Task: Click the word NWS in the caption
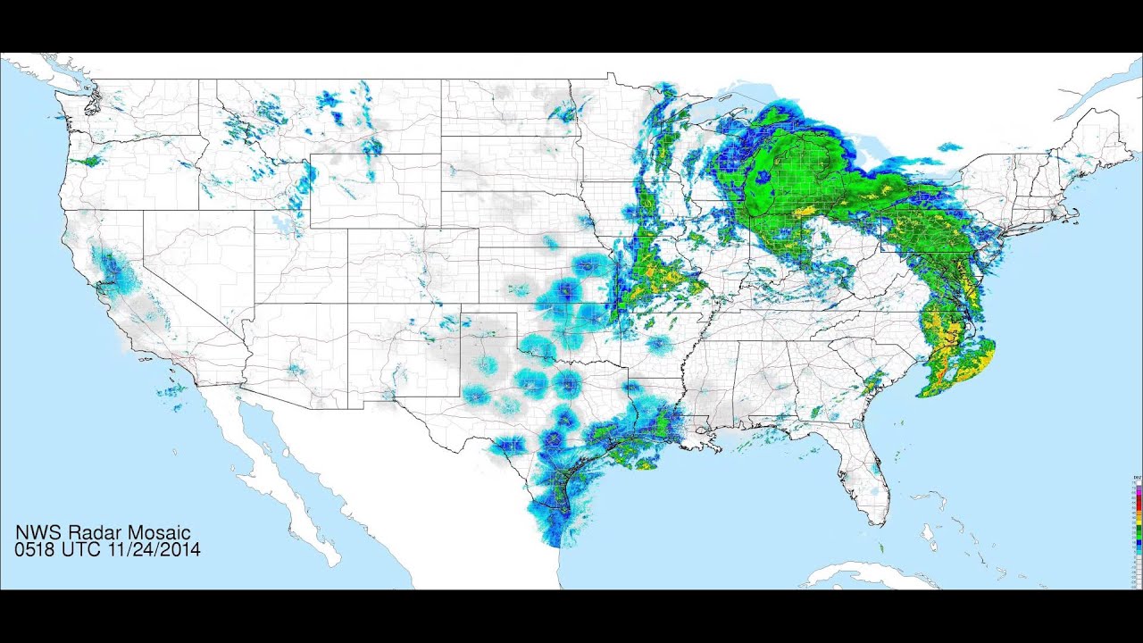(37, 534)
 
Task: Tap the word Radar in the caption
(89, 534)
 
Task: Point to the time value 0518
(37, 550)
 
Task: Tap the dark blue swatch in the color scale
(1139, 541)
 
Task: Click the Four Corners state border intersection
(347, 304)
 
